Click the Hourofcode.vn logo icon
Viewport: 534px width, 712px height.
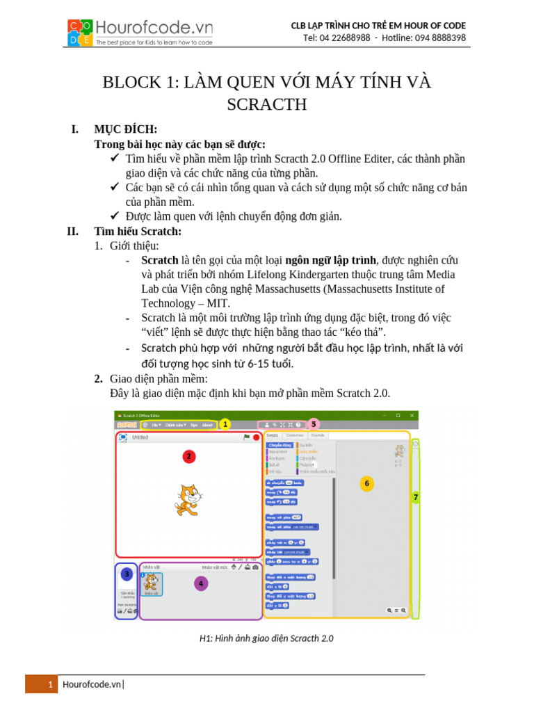(81, 33)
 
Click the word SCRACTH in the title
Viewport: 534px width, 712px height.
(266, 105)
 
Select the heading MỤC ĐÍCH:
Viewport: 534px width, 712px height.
(125, 129)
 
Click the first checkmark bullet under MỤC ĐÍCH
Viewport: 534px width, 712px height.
(115, 159)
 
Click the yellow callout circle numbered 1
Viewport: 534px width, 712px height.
(224, 423)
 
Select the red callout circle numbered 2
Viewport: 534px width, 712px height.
(188, 456)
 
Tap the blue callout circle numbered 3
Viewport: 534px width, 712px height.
(126, 574)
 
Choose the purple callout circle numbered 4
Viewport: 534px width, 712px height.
(201, 583)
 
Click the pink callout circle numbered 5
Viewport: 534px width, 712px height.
(313, 423)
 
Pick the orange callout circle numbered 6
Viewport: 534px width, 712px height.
(366, 483)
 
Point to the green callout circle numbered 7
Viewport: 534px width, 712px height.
(415, 497)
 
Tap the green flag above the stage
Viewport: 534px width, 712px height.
(246, 437)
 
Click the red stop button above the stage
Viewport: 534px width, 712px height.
(256, 437)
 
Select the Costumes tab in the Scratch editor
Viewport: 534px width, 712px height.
(294, 435)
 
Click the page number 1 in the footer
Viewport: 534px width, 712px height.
(51, 685)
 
